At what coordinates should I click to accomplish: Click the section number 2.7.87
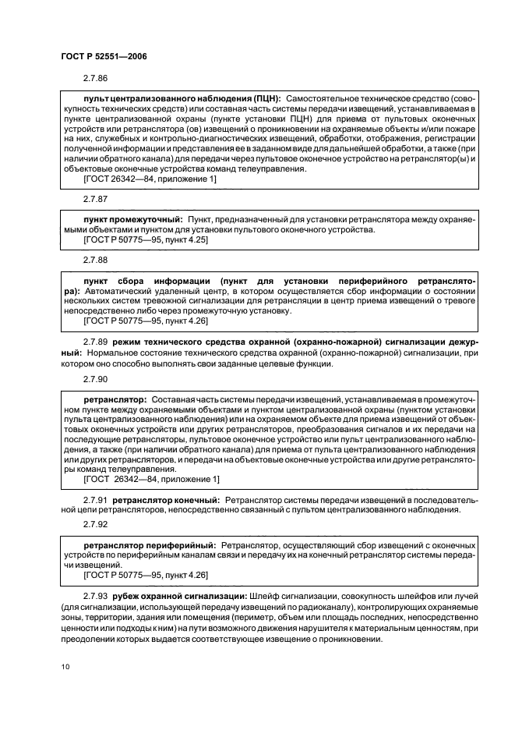pyautogui.click(x=96, y=200)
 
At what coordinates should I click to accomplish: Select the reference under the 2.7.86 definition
pyautogui.click(x=150, y=179)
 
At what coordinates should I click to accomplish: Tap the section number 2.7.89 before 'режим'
pyautogui.click(x=96, y=342)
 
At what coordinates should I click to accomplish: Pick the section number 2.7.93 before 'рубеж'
pyautogui.click(x=96, y=595)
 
